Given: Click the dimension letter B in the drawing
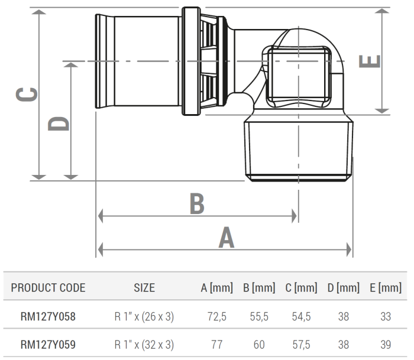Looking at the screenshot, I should [197, 204].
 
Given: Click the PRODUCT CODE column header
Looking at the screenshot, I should [48, 288].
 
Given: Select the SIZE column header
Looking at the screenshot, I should [144, 288].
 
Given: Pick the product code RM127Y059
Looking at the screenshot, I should [48, 344].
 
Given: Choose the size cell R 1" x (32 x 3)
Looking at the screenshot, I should [144, 344].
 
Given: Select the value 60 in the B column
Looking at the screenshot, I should [258, 344].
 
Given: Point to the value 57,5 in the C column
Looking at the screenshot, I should [301, 344].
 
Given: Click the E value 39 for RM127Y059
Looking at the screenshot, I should [386, 344].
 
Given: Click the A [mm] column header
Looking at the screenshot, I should [217, 288].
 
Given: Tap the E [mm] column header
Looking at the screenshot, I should [385, 288].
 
